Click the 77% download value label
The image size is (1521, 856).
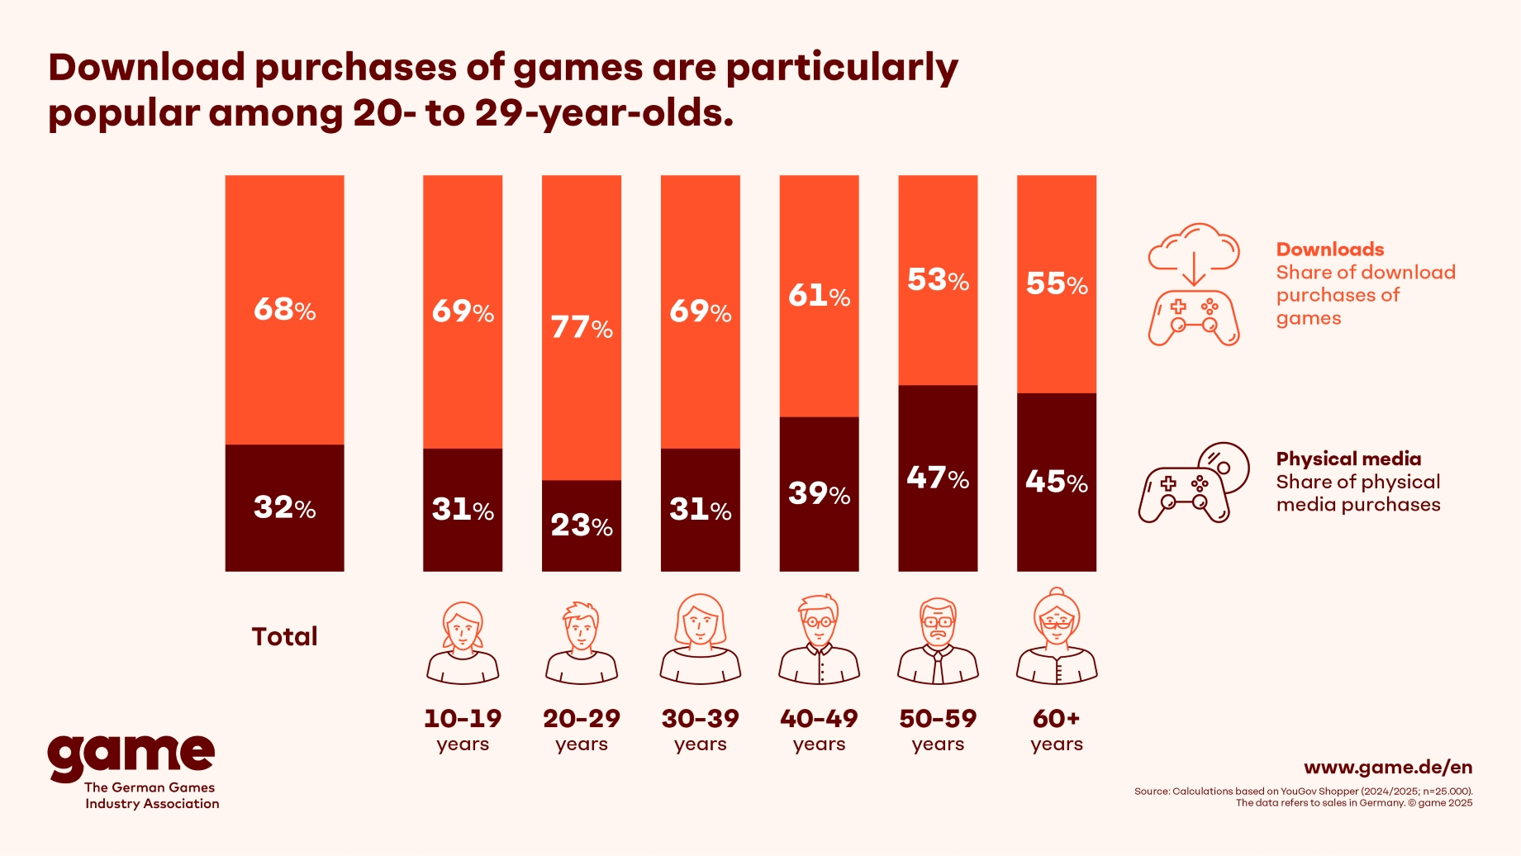[582, 328]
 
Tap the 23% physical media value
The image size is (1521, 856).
[582, 525]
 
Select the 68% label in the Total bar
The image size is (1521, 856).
[284, 310]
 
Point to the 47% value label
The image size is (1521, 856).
[938, 478]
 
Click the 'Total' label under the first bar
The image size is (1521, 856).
[284, 636]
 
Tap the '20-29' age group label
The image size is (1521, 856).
[582, 719]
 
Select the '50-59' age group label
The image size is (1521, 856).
[938, 719]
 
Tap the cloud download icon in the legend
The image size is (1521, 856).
[1194, 248]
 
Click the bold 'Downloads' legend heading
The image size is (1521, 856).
[1329, 250]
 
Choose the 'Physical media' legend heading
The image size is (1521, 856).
[1348, 459]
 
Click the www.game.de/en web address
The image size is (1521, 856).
[1388, 768]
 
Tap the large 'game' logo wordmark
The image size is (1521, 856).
[131, 756]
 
